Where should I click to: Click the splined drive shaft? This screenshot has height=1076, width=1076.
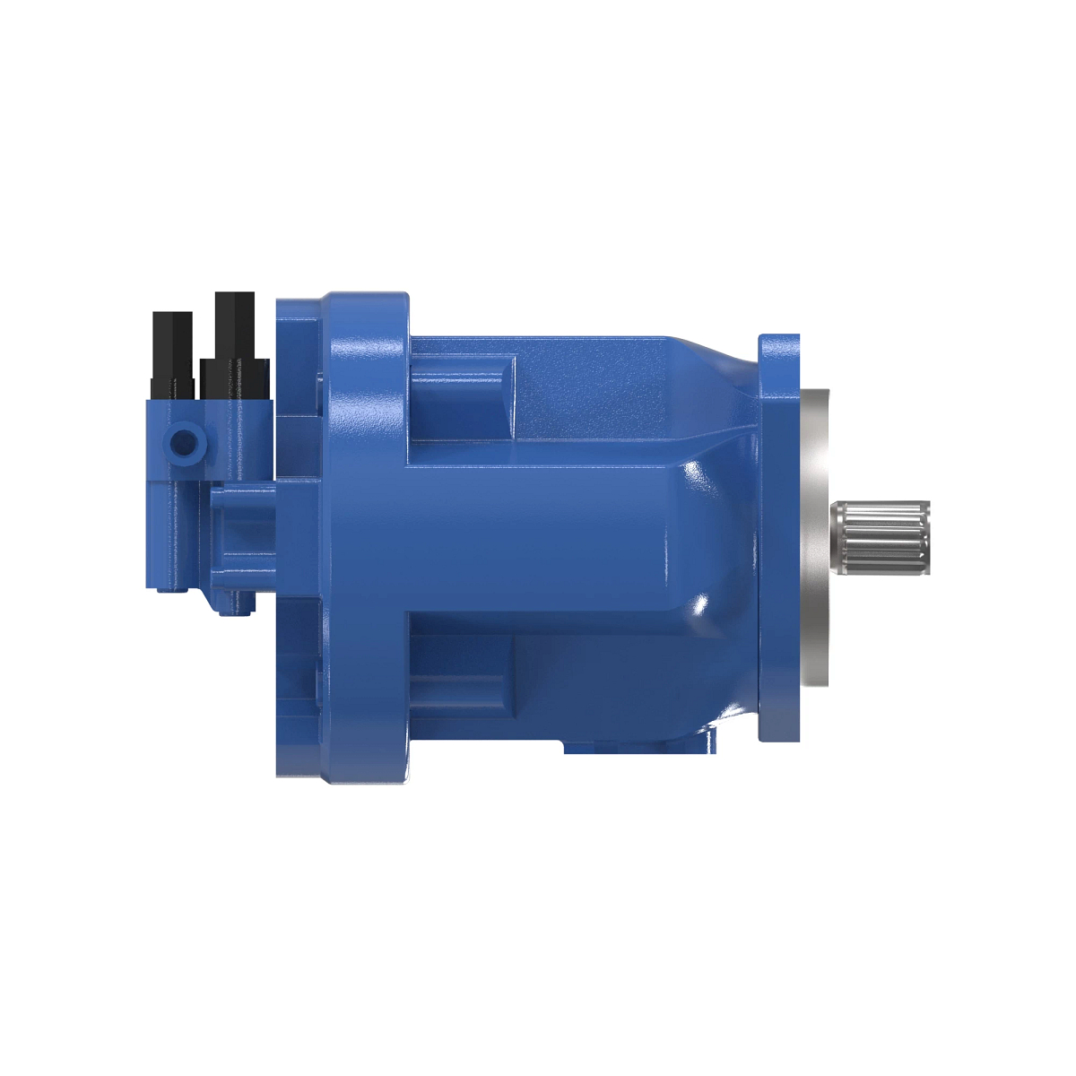[879, 538]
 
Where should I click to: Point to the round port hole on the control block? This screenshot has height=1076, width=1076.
[185, 442]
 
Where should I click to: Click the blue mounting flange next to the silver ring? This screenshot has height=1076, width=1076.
[778, 538]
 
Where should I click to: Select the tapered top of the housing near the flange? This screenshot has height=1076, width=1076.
[708, 354]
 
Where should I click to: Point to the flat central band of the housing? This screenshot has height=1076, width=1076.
[538, 538]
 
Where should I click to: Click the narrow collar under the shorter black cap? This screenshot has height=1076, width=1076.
[172, 389]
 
